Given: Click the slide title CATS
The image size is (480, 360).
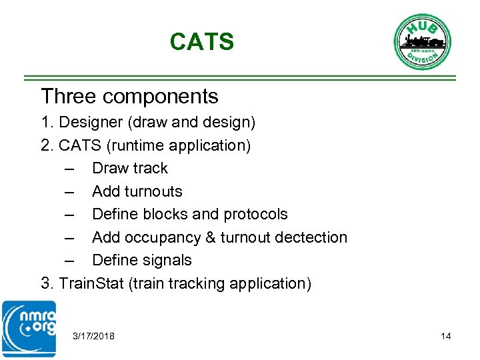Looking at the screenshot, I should click(201, 42).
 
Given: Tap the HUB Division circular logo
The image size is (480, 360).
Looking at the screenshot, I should click(422, 41).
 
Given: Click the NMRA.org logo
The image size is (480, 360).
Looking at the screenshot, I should click(29, 328).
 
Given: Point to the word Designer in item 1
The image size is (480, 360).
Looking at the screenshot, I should click(90, 123).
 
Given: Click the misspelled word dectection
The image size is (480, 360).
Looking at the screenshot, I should click(309, 237).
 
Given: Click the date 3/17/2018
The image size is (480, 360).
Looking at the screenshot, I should click(94, 336).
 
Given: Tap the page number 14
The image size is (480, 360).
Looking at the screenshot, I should click(445, 336).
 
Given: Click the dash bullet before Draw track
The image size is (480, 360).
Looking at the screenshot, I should click(69, 169).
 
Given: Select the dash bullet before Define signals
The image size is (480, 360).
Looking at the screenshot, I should click(69, 261).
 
